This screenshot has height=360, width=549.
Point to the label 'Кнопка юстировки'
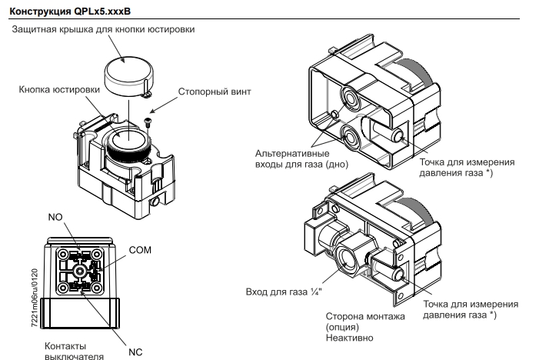(59, 89)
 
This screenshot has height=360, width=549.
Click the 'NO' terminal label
(55, 218)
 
